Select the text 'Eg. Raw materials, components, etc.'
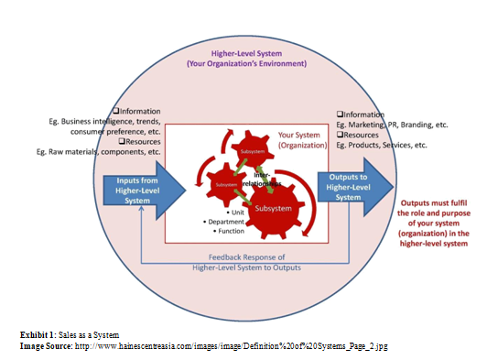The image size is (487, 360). (100, 151)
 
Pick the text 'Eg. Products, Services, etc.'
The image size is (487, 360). (382, 145)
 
